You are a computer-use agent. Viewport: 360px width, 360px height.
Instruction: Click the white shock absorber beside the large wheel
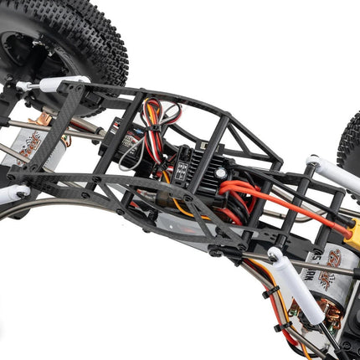[59, 84]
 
